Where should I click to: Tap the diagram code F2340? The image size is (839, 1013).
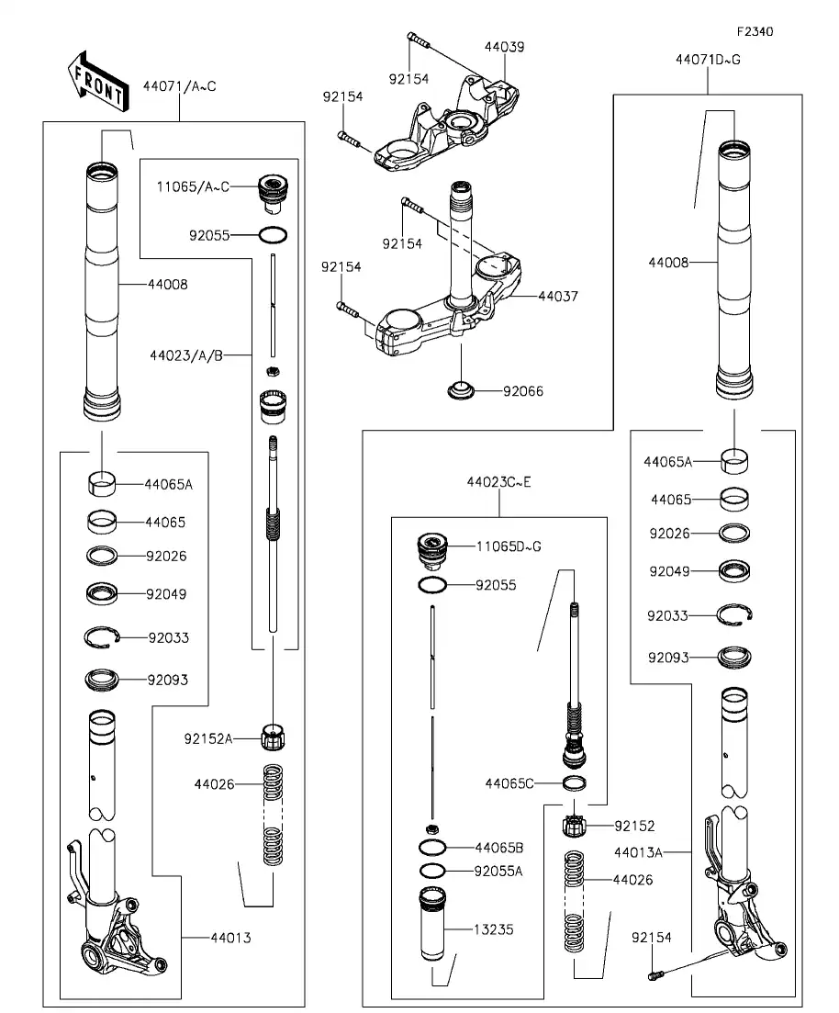(x=754, y=31)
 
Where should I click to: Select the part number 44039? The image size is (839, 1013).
(x=504, y=47)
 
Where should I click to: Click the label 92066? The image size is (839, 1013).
(x=522, y=391)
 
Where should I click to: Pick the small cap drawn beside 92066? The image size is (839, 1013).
(x=463, y=390)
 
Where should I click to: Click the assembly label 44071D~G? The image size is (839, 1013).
(x=707, y=60)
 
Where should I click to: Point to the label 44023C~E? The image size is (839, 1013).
(x=498, y=481)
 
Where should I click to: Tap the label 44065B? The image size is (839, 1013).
(x=499, y=847)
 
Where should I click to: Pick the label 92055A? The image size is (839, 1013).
(x=498, y=871)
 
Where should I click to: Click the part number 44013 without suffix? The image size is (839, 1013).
(x=230, y=938)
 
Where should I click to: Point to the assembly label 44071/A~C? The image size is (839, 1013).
(x=179, y=86)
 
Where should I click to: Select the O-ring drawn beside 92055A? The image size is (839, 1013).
(x=432, y=870)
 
